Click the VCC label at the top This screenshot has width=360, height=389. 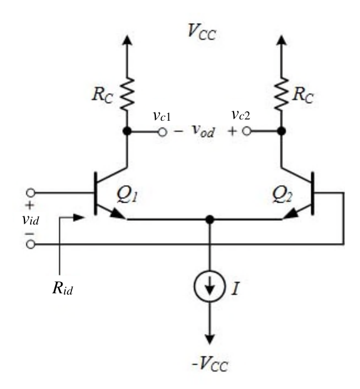pyautogui.click(x=202, y=33)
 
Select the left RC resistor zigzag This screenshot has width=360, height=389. pyautogui.click(x=127, y=94)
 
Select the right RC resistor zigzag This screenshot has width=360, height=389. pyautogui.click(x=281, y=94)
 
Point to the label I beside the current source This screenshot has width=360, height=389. pyautogui.click(x=235, y=288)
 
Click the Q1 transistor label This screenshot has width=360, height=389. pyautogui.click(x=127, y=194)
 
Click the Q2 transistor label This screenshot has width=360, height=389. pyautogui.click(x=282, y=194)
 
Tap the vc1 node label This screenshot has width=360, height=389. pyautogui.click(x=162, y=116)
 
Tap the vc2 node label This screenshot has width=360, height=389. pyautogui.click(x=241, y=115)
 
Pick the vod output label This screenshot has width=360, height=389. pyautogui.click(x=203, y=131)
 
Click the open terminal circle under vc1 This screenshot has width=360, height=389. pyautogui.click(x=162, y=132)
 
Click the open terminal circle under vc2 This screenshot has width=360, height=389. pyautogui.click(x=247, y=131)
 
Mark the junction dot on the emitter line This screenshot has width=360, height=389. pyautogui.click(x=210, y=220)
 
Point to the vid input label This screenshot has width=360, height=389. pyautogui.click(x=31, y=220)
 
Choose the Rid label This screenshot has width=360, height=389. pyautogui.click(x=63, y=288)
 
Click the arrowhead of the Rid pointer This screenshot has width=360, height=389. pyautogui.click(x=79, y=218)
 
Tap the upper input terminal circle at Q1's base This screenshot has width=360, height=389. pyautogui.click(x=31, y=193)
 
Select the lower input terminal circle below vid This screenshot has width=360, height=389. pyautogui.click(x=31, y=245)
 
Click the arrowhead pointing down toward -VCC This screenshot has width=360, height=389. pyautogui.click(x=210, y=339)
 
